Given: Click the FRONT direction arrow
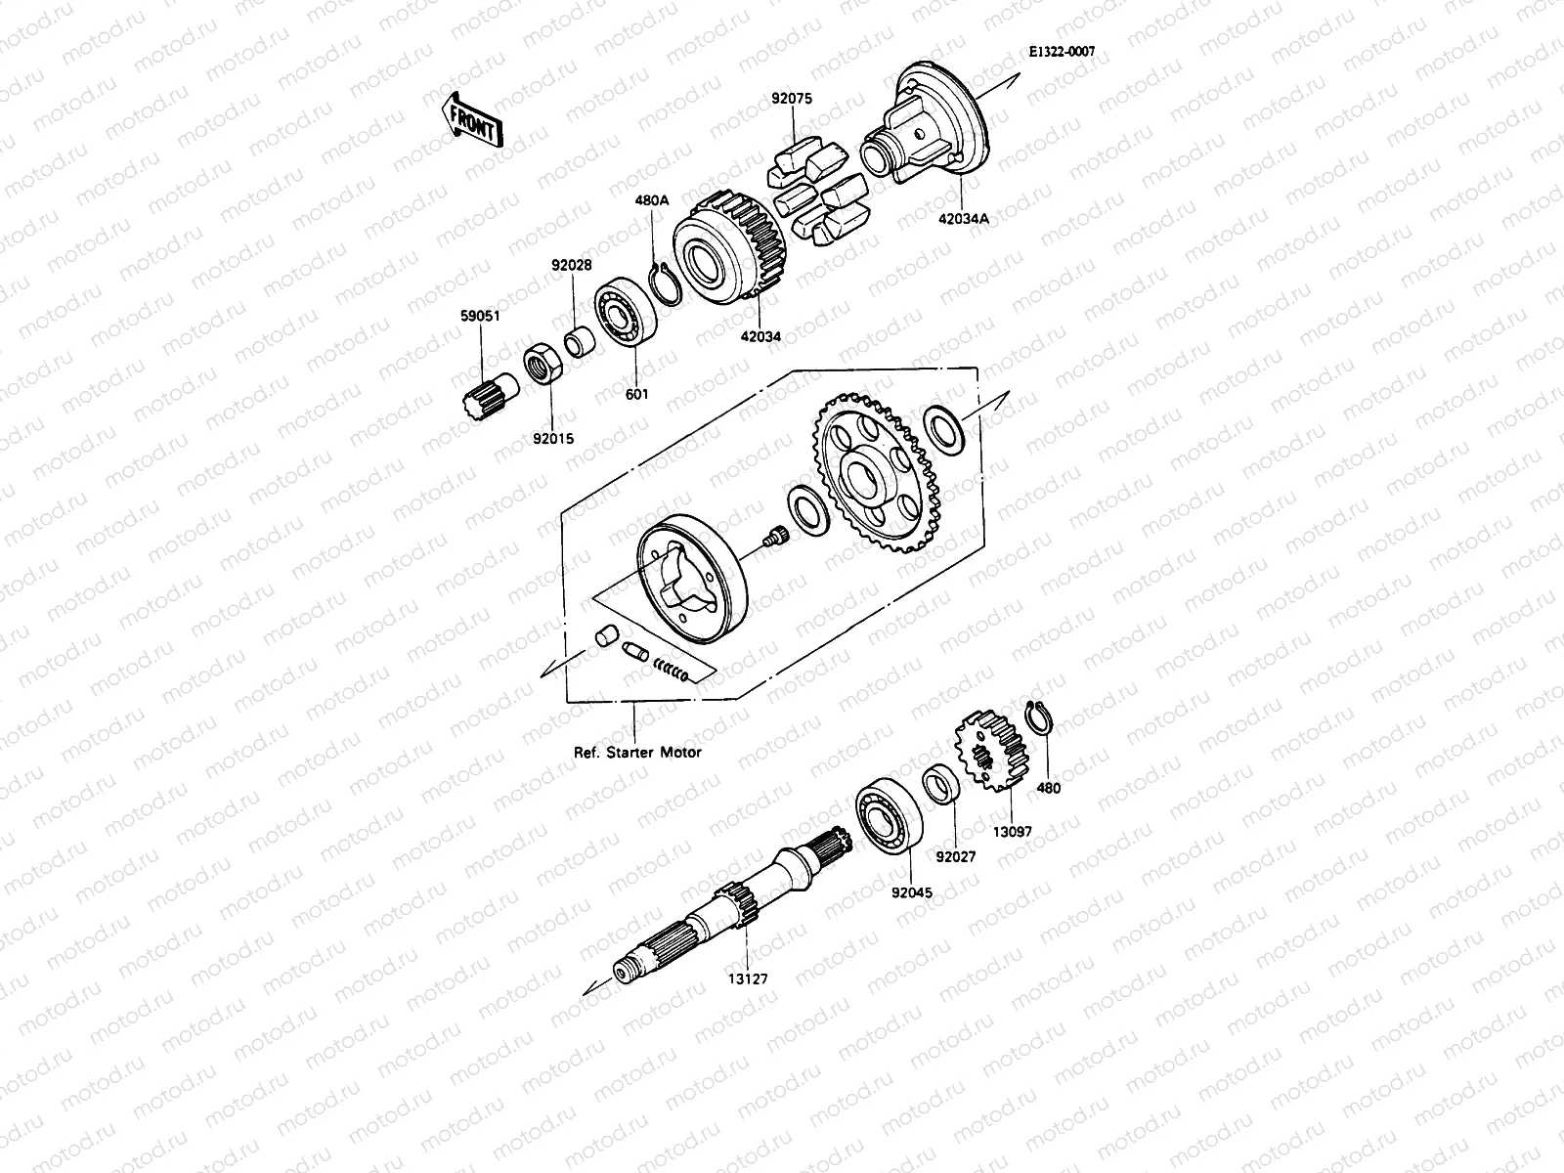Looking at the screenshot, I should [472, 118].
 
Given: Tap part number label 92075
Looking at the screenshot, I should [792, 99].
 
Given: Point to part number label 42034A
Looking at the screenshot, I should [963, 219].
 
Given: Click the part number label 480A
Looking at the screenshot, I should [652, 199].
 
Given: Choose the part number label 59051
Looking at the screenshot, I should [480, 316].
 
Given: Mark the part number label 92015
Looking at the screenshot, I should [552, 439].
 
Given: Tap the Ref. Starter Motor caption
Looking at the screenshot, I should [637, 753].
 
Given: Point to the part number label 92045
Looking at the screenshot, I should [910, 891].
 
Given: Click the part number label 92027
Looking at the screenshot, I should [955, 856].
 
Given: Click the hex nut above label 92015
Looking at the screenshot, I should [541, 367].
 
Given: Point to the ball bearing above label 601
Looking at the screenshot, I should [625, 316].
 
